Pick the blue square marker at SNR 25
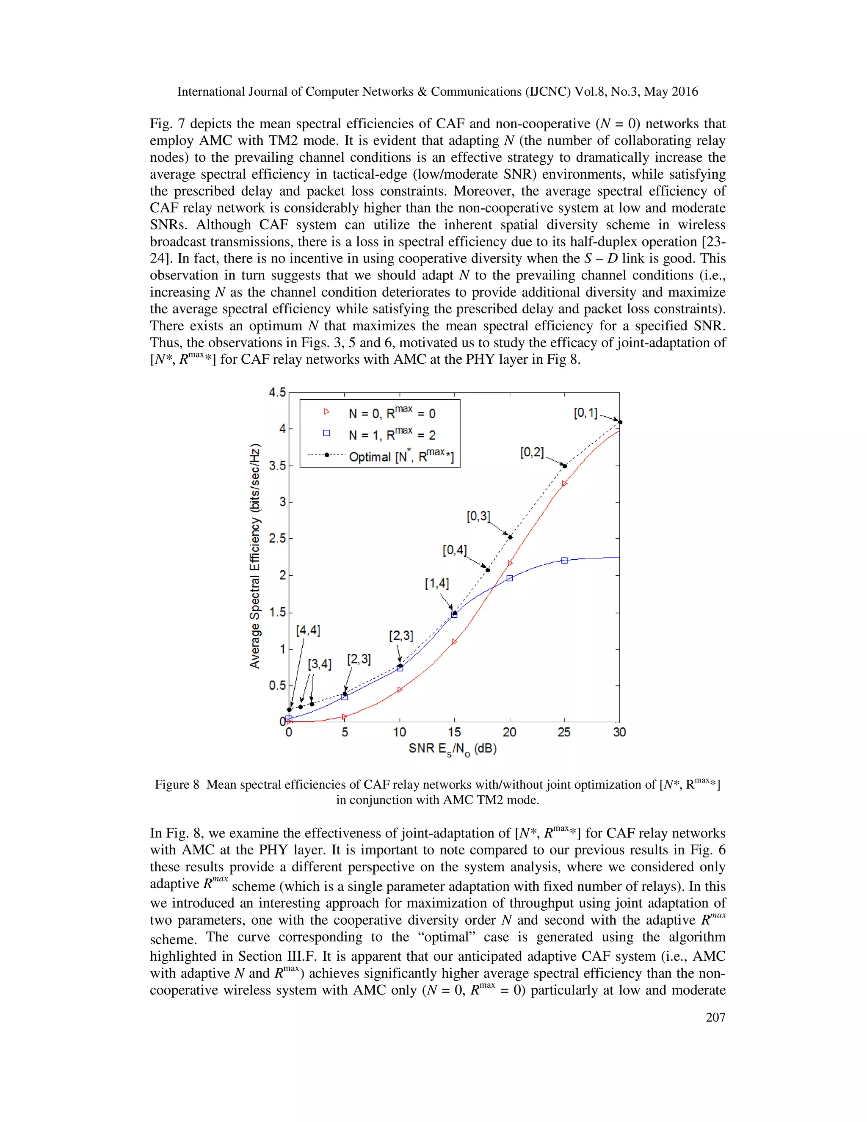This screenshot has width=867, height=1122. coord(564,561)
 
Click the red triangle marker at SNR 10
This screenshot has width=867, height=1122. coord(400,689)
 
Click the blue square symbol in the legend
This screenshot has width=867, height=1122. coord(326,433)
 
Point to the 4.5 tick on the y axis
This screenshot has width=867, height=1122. coord(277,392)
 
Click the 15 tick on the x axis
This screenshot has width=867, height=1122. coord(454,732)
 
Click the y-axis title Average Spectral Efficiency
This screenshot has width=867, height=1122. coord(255,556)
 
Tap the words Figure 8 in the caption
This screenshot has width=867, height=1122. coord(177,785)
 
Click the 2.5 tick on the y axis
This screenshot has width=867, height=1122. coord(277,539)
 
